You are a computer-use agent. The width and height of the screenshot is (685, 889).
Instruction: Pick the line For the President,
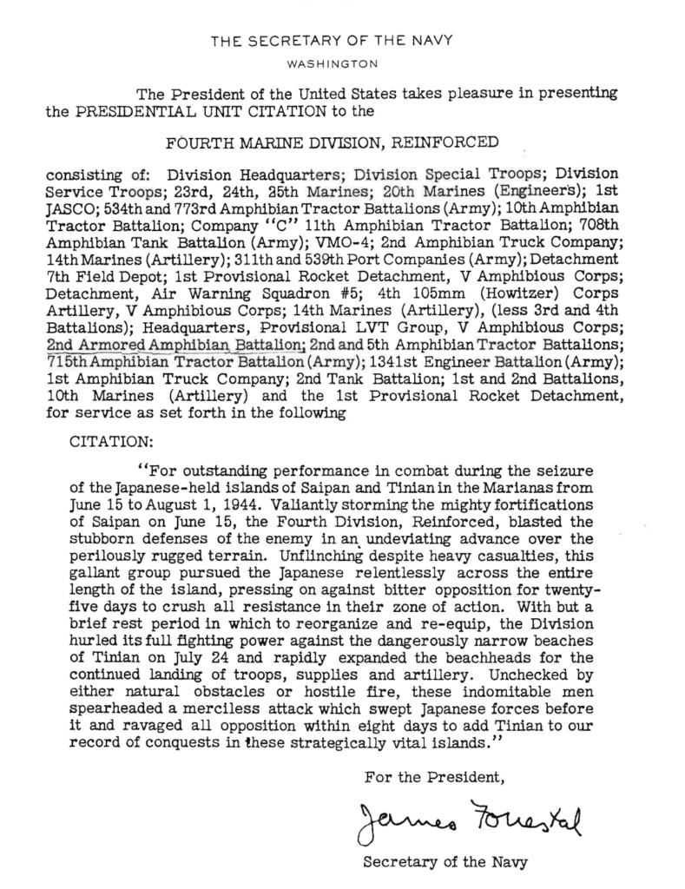(434, 775)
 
